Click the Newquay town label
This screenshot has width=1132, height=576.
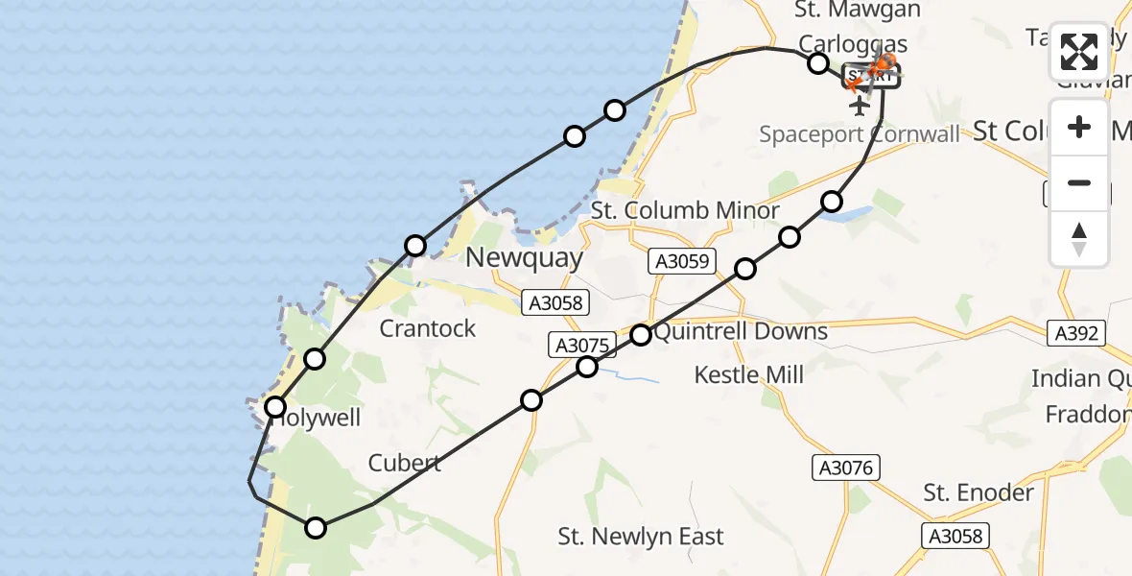(x=524, y=257)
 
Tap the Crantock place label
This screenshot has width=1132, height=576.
(x=428, y=328)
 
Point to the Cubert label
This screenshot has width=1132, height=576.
(x=405, y=463)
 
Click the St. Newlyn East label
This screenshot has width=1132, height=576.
(x=641, y=537)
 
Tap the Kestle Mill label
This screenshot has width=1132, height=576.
(x=749, y=374)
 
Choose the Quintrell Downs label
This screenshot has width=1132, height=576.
(x=741, y=332)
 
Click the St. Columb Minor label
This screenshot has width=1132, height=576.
(x=685, y=210)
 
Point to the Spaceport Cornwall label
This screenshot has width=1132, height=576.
(x=859, y=134)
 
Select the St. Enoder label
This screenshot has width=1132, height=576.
(x=979, y=492)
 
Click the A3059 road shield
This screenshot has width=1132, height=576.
(x=683, y=260)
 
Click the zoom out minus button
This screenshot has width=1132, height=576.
(x=1079, y=183)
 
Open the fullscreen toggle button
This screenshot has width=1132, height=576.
(x=1079, y=52)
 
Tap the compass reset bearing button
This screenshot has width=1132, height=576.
(x=1079, y=238)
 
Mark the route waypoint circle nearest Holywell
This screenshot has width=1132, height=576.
(x=276, y=407)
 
